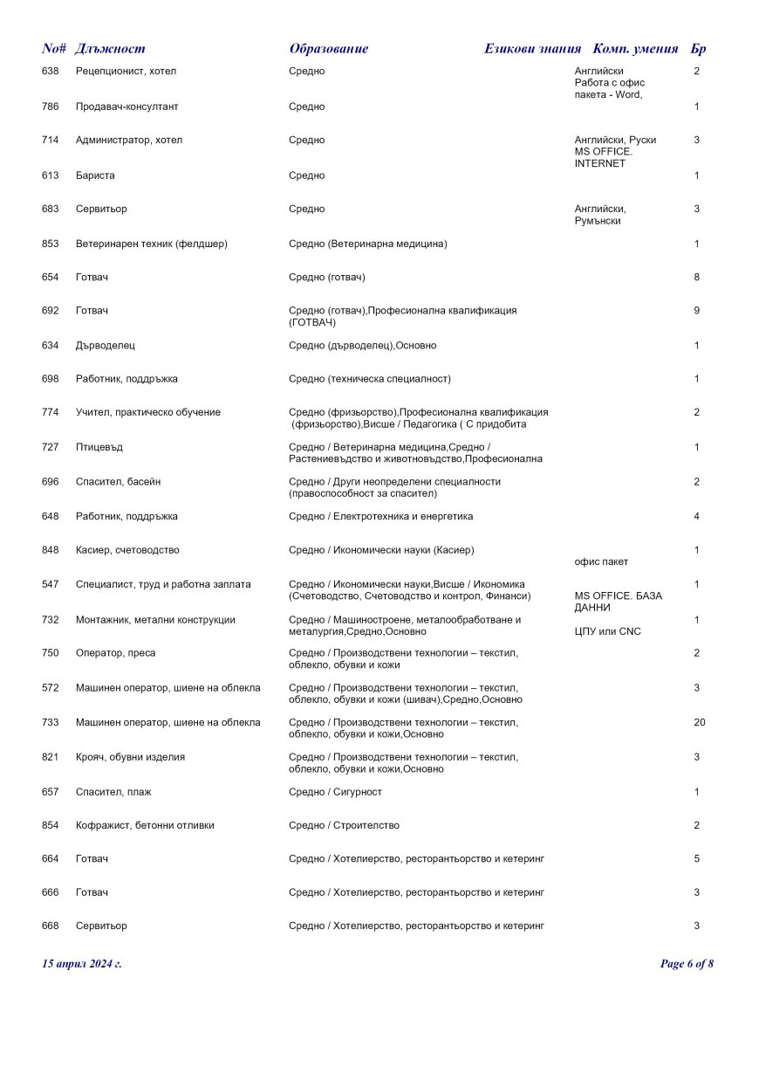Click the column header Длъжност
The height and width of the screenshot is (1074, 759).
point(110,49)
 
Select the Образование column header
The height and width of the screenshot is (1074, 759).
point(328,49)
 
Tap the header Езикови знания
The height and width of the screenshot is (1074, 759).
point(532,49)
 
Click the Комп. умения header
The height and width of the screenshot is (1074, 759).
point(636,49)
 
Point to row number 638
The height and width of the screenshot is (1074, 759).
point(51,71)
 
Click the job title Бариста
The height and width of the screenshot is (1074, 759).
point(95,176)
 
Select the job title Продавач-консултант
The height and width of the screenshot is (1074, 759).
point(126,107)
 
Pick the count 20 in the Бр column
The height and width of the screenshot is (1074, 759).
point(699,722)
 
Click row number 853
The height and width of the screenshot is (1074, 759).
point(51,244)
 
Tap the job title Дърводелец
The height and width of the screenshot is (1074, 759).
point(106,345)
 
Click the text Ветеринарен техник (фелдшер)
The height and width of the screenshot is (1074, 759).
point(152,244)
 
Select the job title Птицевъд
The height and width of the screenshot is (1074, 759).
point(99,447)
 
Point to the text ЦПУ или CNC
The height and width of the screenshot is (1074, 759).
point(607,631)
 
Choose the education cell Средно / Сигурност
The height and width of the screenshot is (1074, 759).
point(335,791)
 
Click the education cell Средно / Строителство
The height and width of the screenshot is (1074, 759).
point(344,825)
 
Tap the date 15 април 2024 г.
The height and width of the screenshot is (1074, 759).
point(82,964)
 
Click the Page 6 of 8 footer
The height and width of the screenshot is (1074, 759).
point(687,964)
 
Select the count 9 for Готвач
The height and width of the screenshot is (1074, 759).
point(696,310)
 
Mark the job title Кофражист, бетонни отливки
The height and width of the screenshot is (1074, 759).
point(145,825)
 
